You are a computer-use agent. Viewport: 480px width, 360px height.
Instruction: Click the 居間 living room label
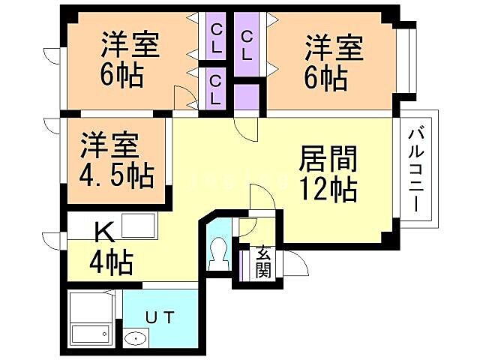(x=327, y=159)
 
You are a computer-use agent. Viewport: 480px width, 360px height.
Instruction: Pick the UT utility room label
(x=160, y=317)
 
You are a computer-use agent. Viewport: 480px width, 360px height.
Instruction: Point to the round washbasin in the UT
(x=135, y=340)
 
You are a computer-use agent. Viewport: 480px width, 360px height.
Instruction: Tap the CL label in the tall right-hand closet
(x=246, y=44)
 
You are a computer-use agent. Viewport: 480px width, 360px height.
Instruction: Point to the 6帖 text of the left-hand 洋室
(x=120, y=75)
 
